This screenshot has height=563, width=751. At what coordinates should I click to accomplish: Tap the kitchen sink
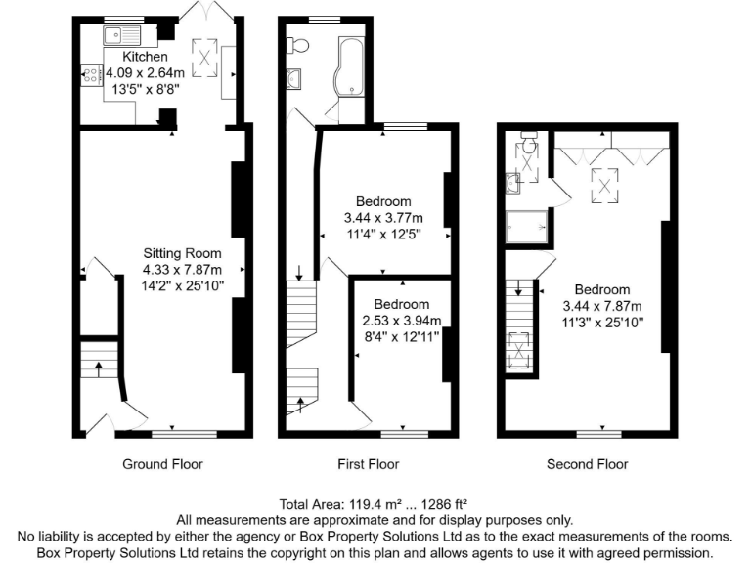(124, 37)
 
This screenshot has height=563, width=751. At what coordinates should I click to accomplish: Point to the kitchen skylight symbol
(204, 57)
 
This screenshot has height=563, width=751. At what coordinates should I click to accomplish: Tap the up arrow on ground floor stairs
(99, 368)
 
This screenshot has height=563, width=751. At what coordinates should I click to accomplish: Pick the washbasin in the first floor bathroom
(294, 79)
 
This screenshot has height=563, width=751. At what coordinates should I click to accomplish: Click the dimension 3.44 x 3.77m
(383, 218)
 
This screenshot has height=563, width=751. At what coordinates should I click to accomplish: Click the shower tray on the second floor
(525, 226)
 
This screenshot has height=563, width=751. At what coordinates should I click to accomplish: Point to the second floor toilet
(527, 146)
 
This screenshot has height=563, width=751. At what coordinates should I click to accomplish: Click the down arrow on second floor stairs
(518, 290)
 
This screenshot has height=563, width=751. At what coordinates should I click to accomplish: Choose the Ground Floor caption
(162, 464)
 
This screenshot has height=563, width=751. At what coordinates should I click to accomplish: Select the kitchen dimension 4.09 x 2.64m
(139, 71)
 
